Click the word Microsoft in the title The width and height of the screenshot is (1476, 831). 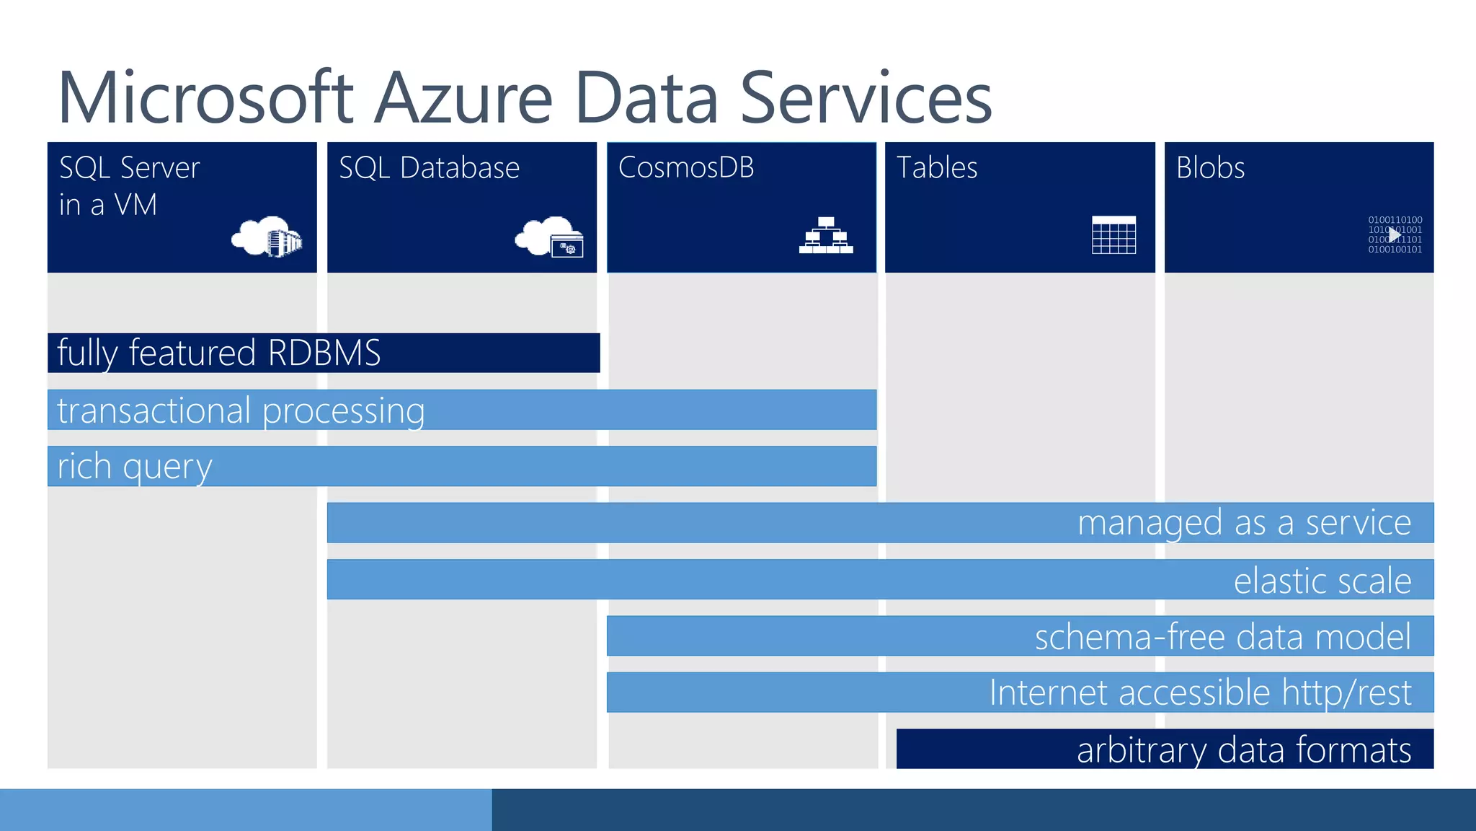[x=205, y=98]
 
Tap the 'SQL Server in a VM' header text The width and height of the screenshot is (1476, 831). [x=129, y=186]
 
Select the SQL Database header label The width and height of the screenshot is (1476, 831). [x=429, y=168]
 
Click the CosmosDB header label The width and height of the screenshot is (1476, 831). [x=686, y=167]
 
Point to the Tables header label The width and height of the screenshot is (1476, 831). [x=937, y=168]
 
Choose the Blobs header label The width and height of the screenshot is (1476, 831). [x=1210, y=168]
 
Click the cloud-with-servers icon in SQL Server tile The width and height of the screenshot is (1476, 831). [x=267, y=236]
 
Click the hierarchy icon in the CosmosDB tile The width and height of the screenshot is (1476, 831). [x=826, y=235]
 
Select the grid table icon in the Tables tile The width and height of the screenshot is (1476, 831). [x=1113, y=235]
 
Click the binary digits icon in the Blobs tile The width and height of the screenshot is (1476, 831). [x=1395, y=235]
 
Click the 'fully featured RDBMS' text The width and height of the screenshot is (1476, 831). [x=218, y=353]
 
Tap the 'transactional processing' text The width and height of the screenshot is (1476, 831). [x=241, y=410]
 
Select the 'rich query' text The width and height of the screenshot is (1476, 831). [x=135, y=467]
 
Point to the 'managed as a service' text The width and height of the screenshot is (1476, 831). [x=1244, y=523]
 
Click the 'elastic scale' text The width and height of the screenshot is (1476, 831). [x=1322, y=580]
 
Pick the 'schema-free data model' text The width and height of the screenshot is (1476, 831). [x=1222, y=636]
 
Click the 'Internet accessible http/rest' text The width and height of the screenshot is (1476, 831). [x=1200, y=692]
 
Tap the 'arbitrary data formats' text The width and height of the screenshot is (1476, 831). [x=1243, y=749]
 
